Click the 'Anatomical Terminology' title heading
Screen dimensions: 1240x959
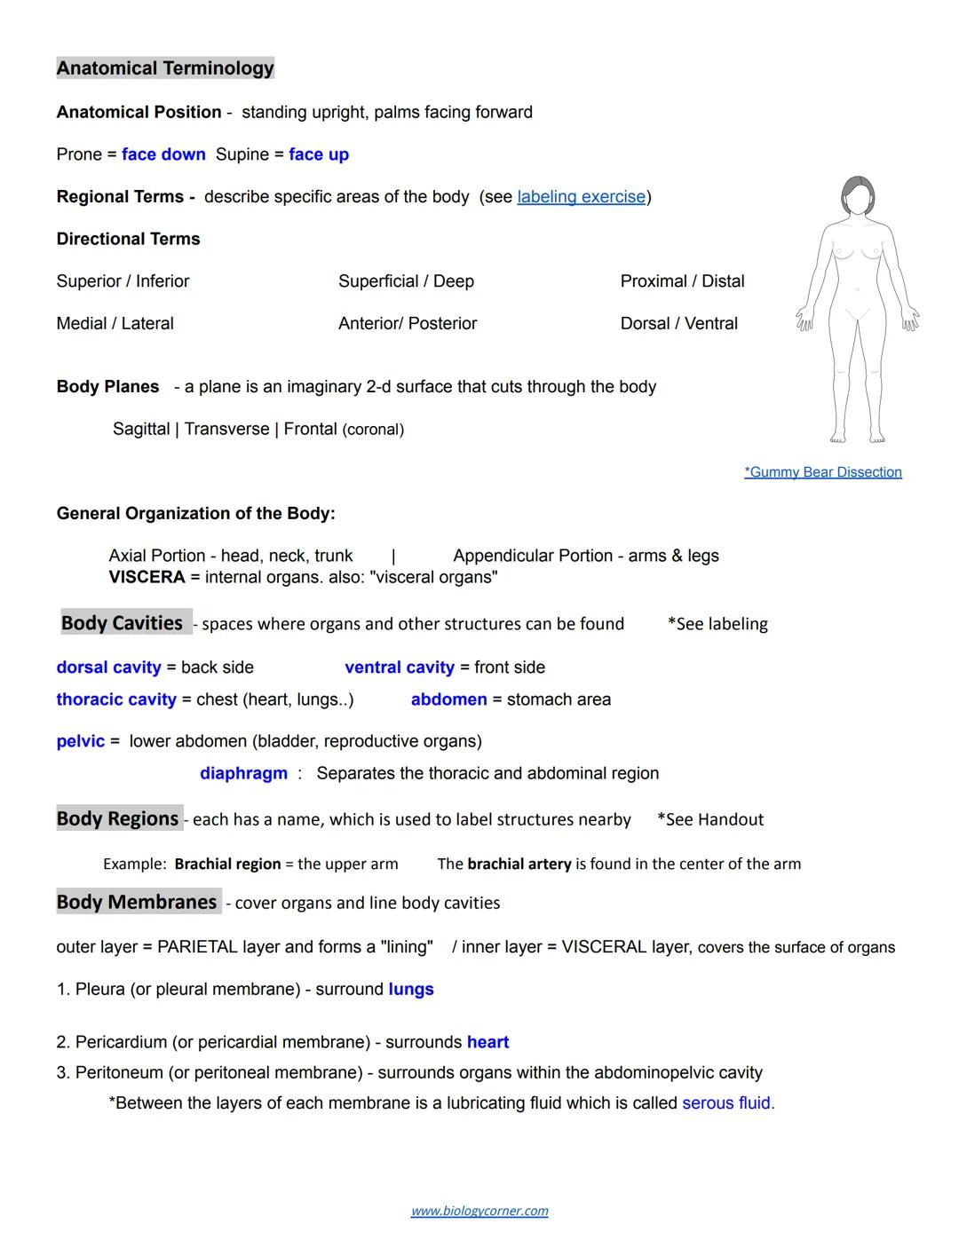(x=165, y=68)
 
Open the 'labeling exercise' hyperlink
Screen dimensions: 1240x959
(x=581, y=196)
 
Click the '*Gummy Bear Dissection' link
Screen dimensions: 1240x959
(x=822, y=472)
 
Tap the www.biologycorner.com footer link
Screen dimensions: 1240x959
(x=479, y=1211)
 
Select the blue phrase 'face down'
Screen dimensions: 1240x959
(x=163, y=154)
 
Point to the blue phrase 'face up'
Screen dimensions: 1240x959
(x=319, y=154)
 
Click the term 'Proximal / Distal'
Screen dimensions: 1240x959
(x=682, y=281)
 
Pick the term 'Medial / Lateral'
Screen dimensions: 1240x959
(x=115, y=324)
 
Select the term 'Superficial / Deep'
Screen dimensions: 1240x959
(x=406, y=281)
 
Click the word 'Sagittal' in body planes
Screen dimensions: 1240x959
(x=141, y=430)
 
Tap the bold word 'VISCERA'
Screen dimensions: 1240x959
(x=147, y=578)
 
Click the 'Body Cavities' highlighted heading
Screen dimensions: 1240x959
(x=123, y=623)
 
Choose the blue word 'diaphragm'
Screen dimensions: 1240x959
(x=243, y=773)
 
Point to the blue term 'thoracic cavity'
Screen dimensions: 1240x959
(x=116, y=699)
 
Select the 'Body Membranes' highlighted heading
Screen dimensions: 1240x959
(x=137, y=902)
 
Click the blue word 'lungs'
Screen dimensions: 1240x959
(x=411, y=990)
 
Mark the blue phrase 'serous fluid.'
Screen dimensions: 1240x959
(x=728, y=1103)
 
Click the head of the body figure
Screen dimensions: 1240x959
(x=858, y=195)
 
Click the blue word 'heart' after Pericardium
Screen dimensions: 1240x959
(x=487, y=1042)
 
